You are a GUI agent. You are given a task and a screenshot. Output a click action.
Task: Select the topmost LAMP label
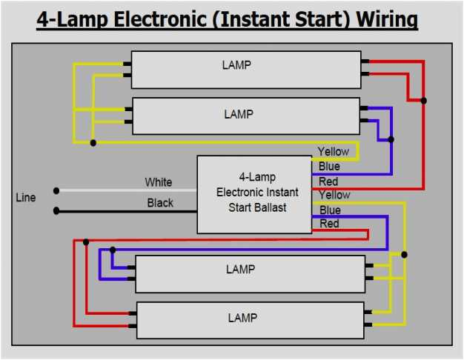[236, 65]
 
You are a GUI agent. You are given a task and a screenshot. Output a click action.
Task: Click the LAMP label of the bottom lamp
[242, 318]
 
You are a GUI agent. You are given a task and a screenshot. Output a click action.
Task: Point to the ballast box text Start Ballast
[257, 207]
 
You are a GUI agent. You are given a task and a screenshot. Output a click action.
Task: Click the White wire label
[159, 182]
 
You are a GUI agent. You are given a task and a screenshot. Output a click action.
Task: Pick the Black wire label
[160, 203]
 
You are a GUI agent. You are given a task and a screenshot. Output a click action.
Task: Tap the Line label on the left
[26, 198]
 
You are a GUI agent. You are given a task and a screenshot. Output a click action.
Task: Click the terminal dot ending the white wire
[56, 190]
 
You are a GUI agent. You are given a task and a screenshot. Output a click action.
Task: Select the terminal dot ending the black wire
[56, 211]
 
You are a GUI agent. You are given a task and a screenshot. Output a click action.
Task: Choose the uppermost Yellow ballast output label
[334, 152]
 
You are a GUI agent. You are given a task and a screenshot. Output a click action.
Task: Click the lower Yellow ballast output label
[334, 195]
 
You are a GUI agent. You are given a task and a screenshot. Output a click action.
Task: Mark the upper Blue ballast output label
[329, 167]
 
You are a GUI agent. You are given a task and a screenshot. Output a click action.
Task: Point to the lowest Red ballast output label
[329, 223]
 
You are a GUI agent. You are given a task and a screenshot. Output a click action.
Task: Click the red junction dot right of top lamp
[423, 100]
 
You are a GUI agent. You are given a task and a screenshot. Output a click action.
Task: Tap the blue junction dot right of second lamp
[391, 139]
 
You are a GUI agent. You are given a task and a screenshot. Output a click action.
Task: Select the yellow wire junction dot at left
[93, 142]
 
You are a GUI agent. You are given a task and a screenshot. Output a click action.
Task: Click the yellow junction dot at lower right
[405, 255]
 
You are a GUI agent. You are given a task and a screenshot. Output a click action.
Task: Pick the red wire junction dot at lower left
[87, 241]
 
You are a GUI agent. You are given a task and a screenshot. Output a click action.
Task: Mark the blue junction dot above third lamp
[113, 250]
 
